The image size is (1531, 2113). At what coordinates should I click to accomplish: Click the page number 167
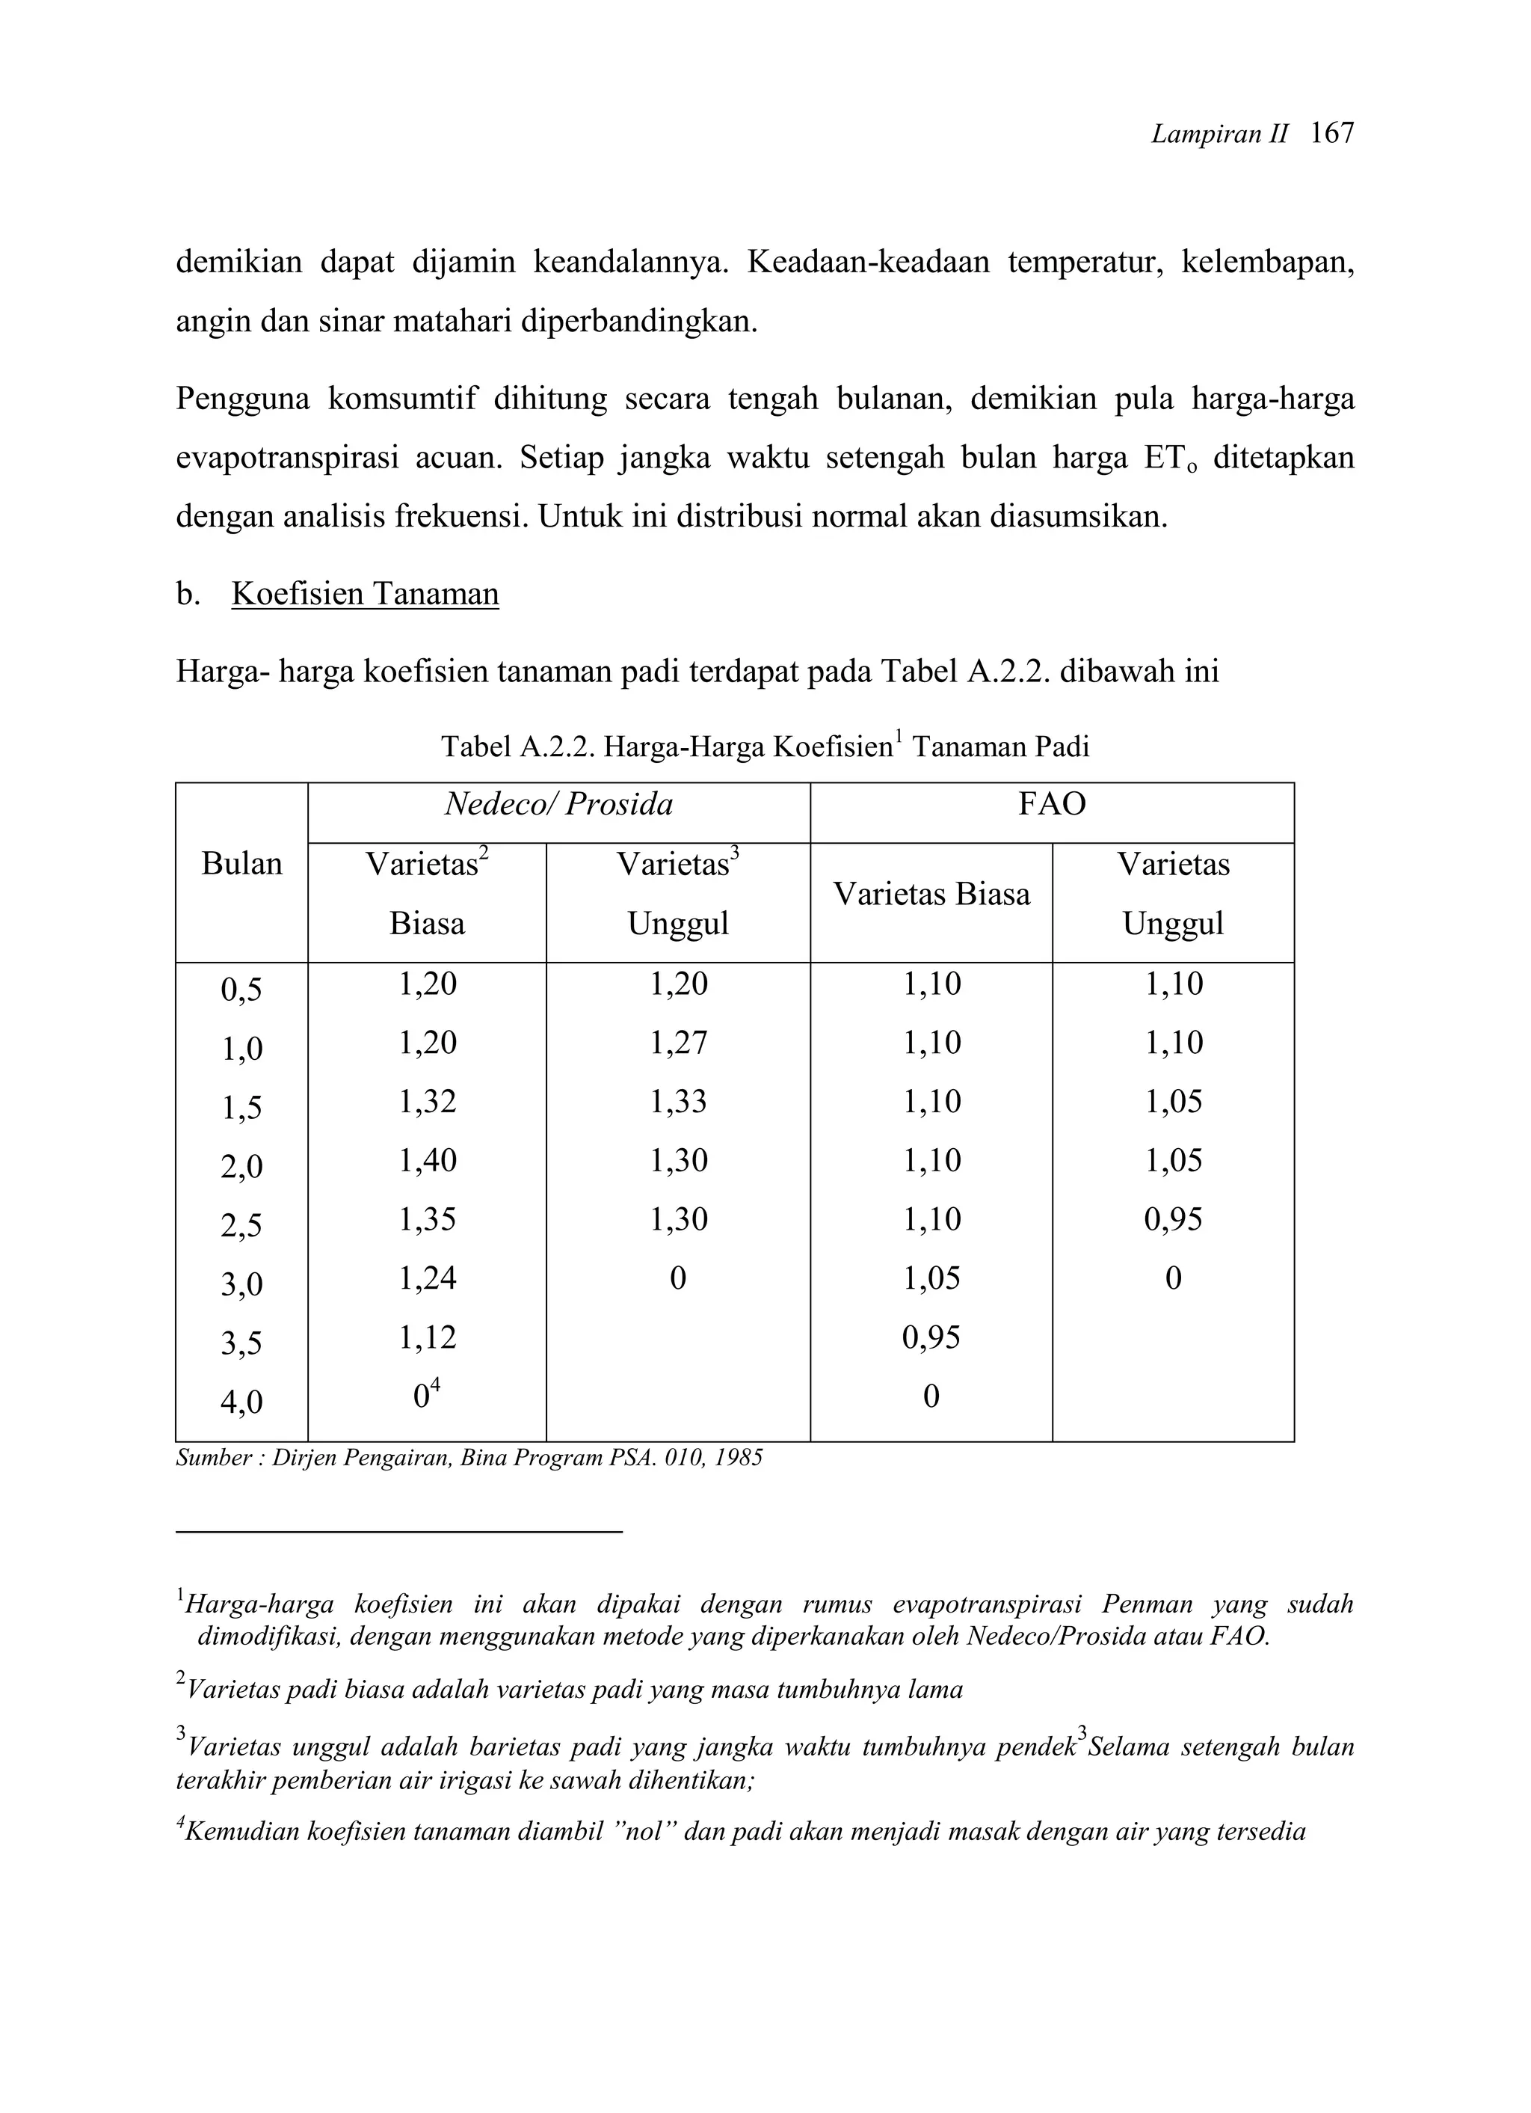[x=1331, y=134]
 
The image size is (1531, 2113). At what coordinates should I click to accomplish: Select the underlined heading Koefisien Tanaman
[x=365, y=593]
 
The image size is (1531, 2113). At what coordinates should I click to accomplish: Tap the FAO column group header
[x=1051, y=804]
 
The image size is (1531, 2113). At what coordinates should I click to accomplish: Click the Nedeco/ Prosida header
[x=558, y=804]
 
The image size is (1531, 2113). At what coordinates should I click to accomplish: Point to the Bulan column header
[x=242, y=864]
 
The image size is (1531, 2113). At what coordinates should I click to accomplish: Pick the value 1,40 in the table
[x=428, y=1160]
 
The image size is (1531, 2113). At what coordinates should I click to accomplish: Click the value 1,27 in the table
[x=678, y=1042]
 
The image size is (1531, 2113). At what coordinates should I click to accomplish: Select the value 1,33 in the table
[x=678, y=1101]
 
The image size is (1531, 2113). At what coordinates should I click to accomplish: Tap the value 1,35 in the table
[x=428, y=1218]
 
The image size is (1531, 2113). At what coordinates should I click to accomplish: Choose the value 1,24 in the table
[x=428, y=1278]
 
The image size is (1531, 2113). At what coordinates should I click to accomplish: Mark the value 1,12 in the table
[x=428, y=1337]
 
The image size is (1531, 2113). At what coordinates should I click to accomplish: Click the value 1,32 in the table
[x=428, y=1101]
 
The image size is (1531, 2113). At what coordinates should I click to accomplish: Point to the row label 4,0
[x=242, y=1401]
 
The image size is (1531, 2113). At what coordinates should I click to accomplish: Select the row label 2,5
[x=242, y=1224]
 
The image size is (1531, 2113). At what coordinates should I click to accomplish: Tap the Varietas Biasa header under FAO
[x=931, y=895]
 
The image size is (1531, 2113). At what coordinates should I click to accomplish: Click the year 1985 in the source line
[x=740, y=1458]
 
